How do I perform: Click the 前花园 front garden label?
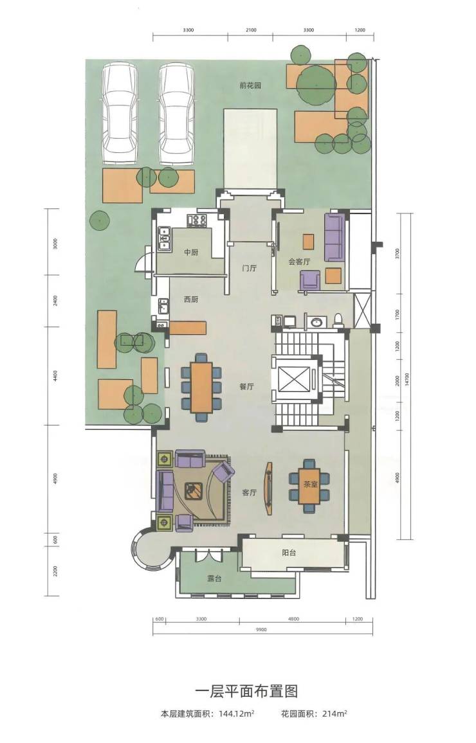coord(250,85)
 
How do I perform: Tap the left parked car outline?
coord(119,114)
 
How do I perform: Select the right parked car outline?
coord(176,114)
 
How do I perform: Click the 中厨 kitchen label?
coord(191,253)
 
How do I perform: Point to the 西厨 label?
coord(191,300)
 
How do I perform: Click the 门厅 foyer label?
coord(249,268)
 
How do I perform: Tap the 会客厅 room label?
coord(299,262)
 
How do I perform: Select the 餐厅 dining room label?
coord(246,387)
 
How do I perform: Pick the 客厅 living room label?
coord(250,493)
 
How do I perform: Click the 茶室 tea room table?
coord(309,486)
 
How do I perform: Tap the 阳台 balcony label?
coord(289,553)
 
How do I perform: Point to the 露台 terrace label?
coord(214,578)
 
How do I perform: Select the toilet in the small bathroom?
coord(338,321)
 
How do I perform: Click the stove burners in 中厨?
coord(197,220)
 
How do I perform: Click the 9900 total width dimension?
coord(261,630)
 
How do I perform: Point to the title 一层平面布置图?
coord(247,691)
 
